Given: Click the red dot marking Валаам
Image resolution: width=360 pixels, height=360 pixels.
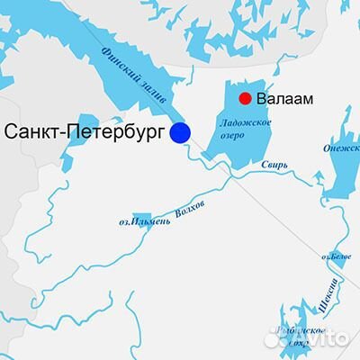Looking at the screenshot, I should click(x=244, y=98).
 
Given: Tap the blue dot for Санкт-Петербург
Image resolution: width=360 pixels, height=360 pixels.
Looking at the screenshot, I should click(x=181, y=132).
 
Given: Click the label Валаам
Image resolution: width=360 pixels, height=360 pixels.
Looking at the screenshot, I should click(x=285, y=99).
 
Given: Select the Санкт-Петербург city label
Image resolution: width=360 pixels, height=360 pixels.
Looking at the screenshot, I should click(x=85, y=132).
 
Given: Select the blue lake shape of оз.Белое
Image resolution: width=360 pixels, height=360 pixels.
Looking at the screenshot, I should click(x=337, y=256).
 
